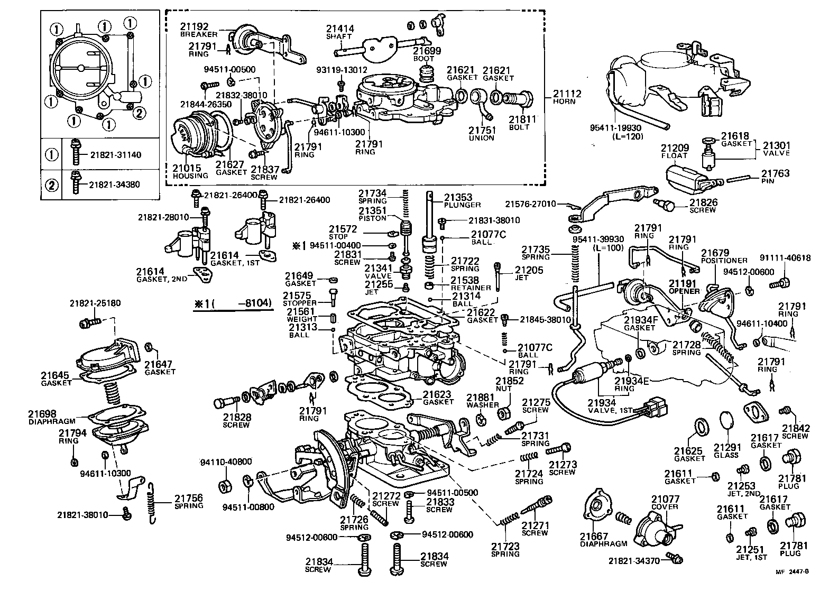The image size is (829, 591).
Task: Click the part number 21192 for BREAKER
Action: pos(194,26)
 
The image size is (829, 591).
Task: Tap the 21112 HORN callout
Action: pos(567,97)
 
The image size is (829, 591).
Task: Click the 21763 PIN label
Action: pos(775,176)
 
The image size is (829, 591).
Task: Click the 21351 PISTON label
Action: pos(373,214)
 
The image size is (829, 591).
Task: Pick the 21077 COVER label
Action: pos(665,502)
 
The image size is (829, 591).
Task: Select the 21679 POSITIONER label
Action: pos(724,256)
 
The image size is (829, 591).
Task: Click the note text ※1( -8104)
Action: pos(232,303)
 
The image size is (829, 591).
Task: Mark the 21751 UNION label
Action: pos(481,134)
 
